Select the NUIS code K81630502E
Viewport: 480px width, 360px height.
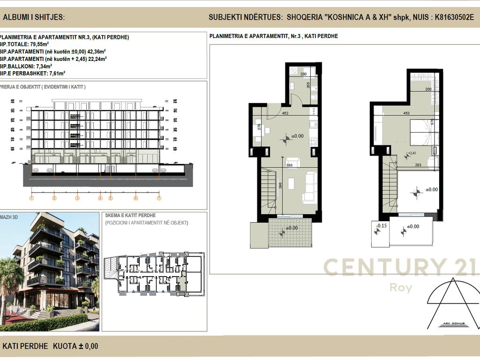[x=454, y=17]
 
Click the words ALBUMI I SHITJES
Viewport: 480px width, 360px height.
[x=34, y=18]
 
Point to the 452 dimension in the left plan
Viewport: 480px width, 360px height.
[x=285, y=112]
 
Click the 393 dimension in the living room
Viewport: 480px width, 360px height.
[x=289, y=165]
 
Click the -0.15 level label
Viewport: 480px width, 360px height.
[x=381, y=226]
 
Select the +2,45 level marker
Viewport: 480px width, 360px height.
[x=412, y=153]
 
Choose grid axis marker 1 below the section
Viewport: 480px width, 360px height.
[x=32, y=198]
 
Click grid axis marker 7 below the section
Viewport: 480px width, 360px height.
[x=159, y=198]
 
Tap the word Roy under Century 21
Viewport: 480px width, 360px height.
[x=400, y=287]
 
